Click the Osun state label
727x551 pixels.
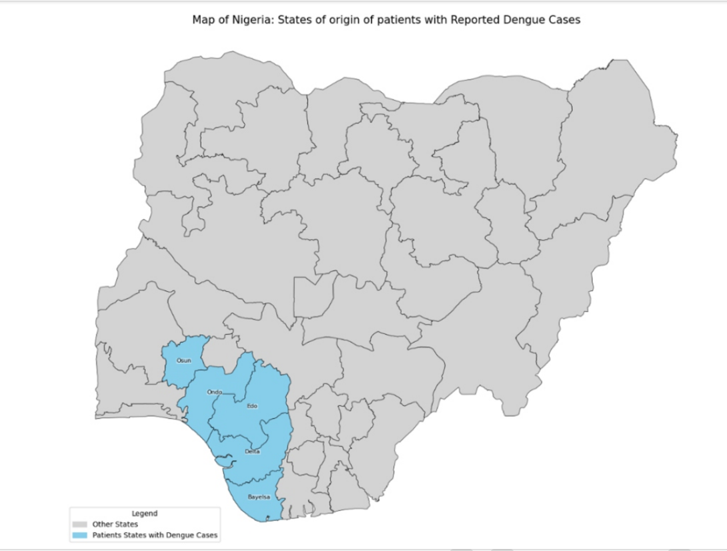(183, 361)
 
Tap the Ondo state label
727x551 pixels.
(214, 392)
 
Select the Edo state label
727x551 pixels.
(252, 406)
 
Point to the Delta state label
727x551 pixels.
(252, 452)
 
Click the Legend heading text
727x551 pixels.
(145, 514)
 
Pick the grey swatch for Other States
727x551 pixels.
(80, 524)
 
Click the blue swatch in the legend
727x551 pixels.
(80, 535)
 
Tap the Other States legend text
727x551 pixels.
(115, 524)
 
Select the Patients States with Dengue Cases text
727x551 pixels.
(155, 535)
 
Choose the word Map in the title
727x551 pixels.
(203, 20)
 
